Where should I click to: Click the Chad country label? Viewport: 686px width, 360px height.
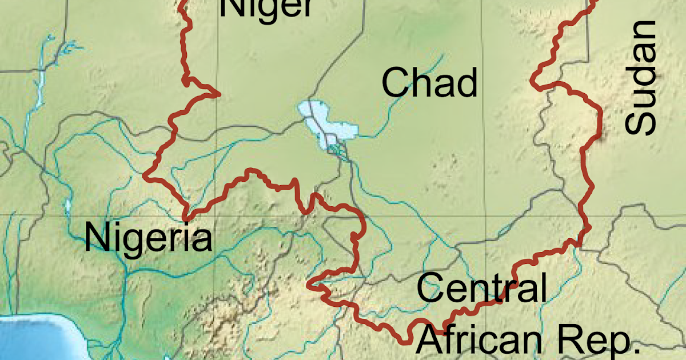pyautogui.click(x=429, y=82)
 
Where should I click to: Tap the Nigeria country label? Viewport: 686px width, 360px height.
pyautogui.click(x=148, y=238)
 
